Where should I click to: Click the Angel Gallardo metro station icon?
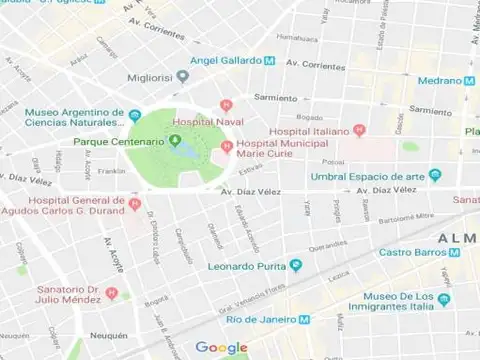(270, 61)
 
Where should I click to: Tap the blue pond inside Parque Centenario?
(186, 151)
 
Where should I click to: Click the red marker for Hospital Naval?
(227, 105)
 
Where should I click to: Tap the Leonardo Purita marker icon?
(295, 265)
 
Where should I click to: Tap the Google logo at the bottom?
(221, 347)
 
